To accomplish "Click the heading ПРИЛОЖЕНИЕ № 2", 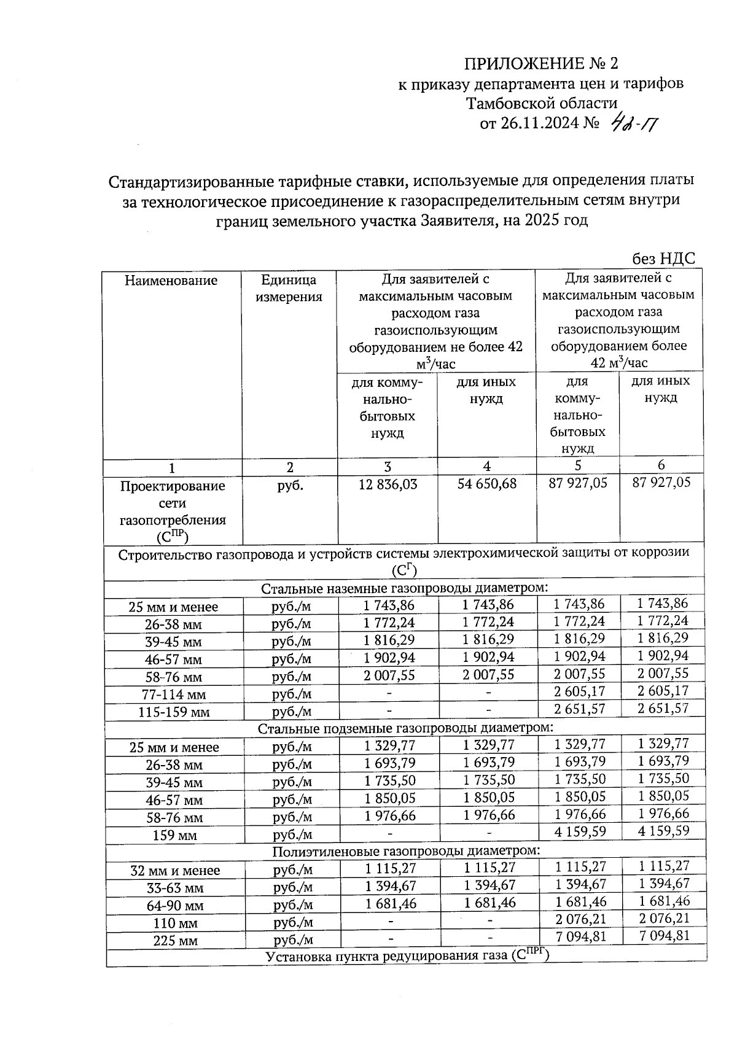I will tap(541, 64).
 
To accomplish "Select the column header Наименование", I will tap(171, 281).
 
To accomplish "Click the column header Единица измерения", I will tap(289, 289).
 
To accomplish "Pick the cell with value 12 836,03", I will tap(388, 484).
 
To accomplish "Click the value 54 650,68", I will tap(487, 484).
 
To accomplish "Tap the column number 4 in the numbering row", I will tap(487, 466).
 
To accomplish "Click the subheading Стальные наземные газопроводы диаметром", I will tap(404, 589).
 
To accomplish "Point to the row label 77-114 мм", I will tap(174, 695).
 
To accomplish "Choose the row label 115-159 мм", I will tap(174, 713).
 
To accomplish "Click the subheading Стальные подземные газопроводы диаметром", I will tap(405, 729).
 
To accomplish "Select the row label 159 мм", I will tap(174, 836).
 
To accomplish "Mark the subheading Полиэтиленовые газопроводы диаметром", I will tap(406, 852).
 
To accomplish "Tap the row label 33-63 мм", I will tap(174, 888).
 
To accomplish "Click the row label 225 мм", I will tap(174, 941).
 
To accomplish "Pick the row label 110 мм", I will tap(174, 923).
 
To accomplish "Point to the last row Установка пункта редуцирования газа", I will tap(406, 957).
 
